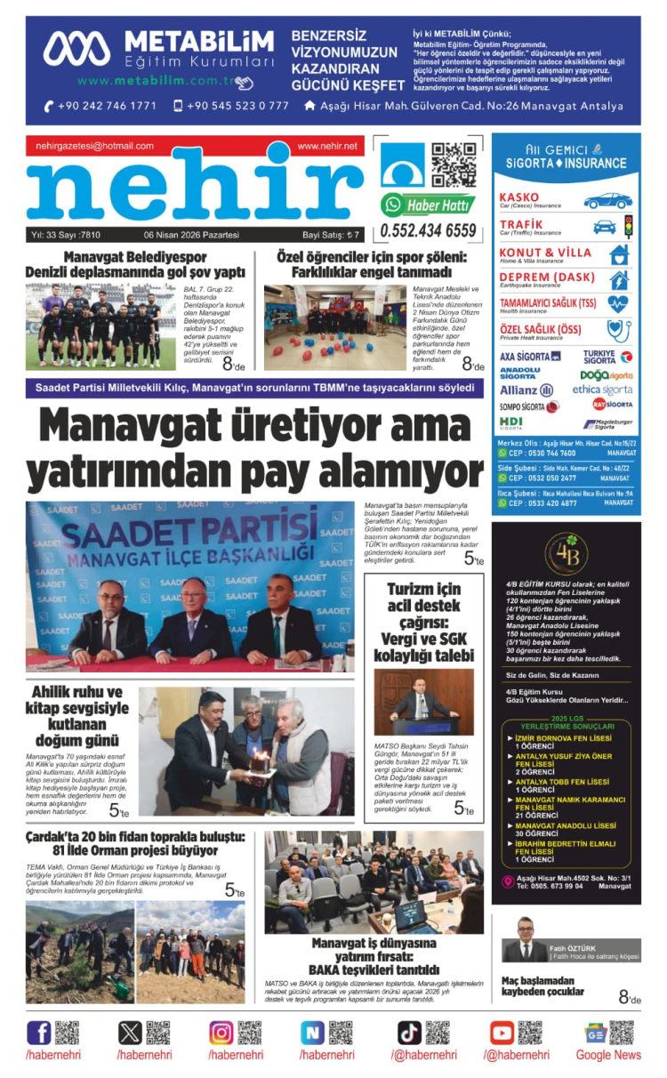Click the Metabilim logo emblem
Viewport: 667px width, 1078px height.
pyautogui.click(x=77, y=49)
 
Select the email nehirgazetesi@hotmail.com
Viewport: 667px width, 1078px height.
pyautogui.click(x=95, y=146)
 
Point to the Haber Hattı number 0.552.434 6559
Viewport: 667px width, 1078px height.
pyautogui.click(x=429, y=231)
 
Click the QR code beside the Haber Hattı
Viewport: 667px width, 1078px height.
pyautogui.click(x=454, y=165)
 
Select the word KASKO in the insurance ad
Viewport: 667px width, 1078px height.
pyautogui.click(x=519, y=197)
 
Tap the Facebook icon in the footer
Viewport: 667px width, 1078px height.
pyautogui.click(x=39, y=1033)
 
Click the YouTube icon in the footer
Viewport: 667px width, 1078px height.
pyautogui.click(x=502, y=1033)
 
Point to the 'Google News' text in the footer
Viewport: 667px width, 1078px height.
pyautogui.click(x=607, y=1055)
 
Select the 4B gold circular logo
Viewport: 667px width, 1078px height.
pyautogui.click(x=566, y=554)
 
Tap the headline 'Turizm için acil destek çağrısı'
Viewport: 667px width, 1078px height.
pyautogui.click(x=423, y=623)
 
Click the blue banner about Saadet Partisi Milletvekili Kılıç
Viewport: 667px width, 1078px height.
pyautogui.click(x=253, y=388)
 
